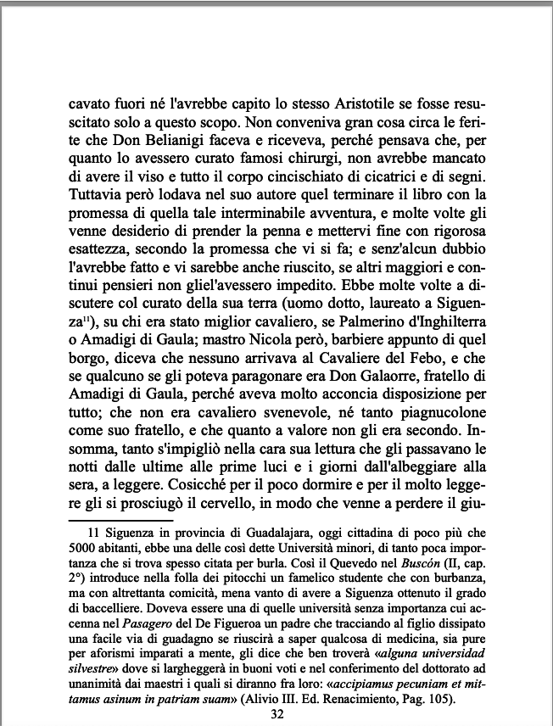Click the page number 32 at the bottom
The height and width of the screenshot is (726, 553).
(276, 714)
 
